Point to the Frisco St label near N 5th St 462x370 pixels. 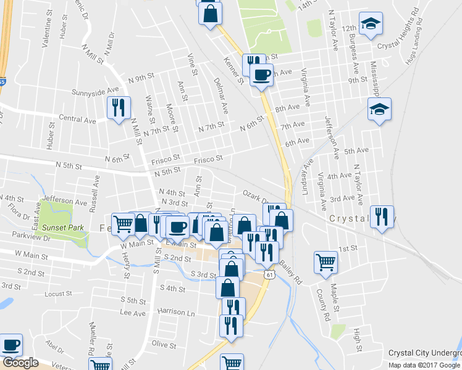208,160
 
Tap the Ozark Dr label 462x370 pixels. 254,196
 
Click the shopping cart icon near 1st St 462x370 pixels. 325,262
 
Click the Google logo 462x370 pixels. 20,363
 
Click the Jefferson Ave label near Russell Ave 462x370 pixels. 65,201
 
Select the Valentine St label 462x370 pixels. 46,34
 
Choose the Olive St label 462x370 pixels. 164,344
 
